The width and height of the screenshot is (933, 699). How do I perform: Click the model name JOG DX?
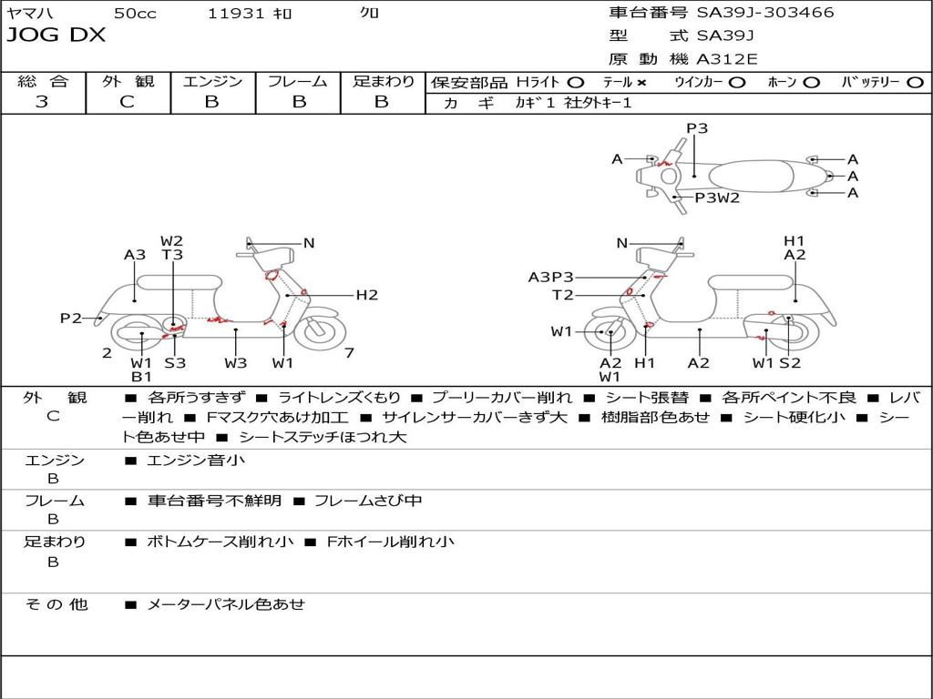[x=56, y=35]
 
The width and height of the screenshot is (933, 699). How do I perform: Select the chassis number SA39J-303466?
[x=765, y=13]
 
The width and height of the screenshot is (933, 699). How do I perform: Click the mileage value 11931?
[x=236, y=14]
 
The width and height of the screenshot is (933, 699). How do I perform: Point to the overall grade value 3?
[x=42, y=102]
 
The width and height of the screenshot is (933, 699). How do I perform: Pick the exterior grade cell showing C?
[x=127, y=102]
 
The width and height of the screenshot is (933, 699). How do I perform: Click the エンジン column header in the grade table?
[x=212, y=82]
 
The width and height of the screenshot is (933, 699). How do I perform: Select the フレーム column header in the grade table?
[x=297, y=82]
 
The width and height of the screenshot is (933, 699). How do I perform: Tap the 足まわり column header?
[x=384, y=82]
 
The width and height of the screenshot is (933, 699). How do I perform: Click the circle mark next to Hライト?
[x=576, y=83]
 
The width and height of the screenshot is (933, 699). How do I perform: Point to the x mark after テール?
[x=641, y=83]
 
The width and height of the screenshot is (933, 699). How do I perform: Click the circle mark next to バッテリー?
[x=915, y=83]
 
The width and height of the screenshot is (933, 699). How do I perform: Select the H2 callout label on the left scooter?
[x=366, y=295]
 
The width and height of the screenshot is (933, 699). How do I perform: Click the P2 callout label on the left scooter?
[x=71, y=319]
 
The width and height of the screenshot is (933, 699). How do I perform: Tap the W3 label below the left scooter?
[x=236, y=363]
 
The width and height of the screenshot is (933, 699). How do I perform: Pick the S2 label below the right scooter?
[x=790, y=363]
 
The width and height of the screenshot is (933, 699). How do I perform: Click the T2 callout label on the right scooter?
[x=563, y=295]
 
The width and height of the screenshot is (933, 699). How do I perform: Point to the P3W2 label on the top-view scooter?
[x=717, y=198]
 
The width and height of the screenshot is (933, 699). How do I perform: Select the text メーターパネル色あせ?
[x=225, y=604]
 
